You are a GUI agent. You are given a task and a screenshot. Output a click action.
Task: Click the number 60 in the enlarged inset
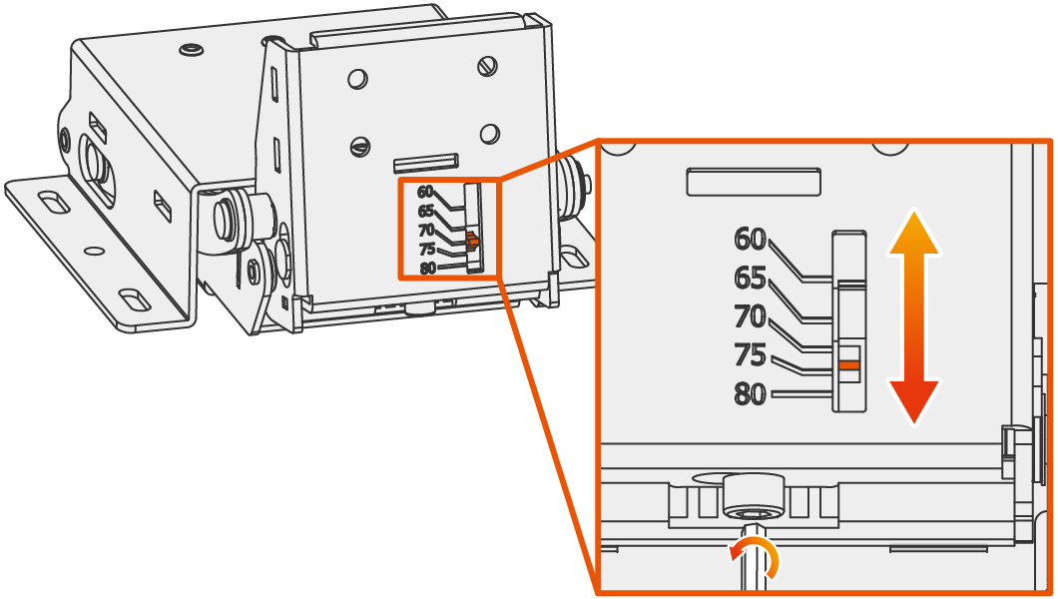click(751, 239)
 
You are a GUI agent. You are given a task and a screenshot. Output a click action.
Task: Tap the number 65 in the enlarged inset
click(751, 278)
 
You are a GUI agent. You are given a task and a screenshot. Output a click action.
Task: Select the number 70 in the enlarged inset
click(751, 316)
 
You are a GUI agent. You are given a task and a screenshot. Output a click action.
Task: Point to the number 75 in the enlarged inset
click(751, 355)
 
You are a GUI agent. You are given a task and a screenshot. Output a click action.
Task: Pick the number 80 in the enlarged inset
click(751, 394)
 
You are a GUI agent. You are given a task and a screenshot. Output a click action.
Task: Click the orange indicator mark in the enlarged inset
click(849, 365)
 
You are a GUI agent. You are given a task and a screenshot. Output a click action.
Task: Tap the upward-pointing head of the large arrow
click(914, 233)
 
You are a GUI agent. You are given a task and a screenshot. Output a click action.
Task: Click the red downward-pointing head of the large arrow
click(914, 402)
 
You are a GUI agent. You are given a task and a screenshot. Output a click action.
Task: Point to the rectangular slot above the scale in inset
click(754, 182)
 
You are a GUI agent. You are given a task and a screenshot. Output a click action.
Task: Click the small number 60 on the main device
click(425, 192)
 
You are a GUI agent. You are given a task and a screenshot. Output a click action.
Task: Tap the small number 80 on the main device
click(428, 269)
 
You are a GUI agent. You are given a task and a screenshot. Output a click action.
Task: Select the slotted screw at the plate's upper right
click(487, 66)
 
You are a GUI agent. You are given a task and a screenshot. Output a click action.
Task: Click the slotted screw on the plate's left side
click(360, 146)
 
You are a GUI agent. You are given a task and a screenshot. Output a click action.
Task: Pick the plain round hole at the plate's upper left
click(357, 79)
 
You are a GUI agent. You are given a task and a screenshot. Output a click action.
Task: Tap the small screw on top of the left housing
click(192, 50)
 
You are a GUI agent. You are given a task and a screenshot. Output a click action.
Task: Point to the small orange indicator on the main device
click(472, 241)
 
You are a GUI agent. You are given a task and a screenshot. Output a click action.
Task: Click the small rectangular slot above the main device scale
click(426, 163)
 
